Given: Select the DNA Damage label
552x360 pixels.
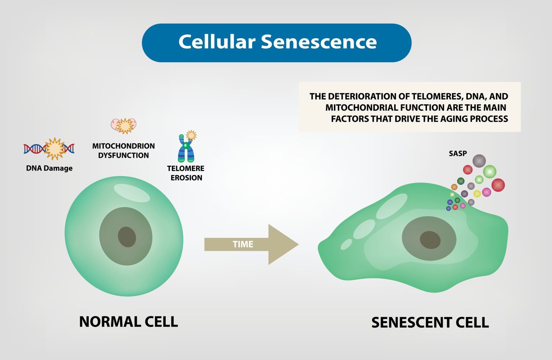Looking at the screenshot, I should click(49, 168).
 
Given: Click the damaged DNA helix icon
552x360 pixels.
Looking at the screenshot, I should click(49, 148).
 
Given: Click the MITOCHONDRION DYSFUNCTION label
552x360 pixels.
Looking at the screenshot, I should click(123, 151).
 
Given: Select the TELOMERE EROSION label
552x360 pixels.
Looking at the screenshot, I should click(186, 173).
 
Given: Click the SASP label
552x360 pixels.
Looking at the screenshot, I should click(457, 153).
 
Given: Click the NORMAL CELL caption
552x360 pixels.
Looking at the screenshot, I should click(128, 322).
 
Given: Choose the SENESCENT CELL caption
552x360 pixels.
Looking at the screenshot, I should click(430, 322).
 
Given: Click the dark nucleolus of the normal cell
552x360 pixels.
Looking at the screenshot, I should click(127, 237).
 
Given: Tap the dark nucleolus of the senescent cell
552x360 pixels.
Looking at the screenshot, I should click(430, 240).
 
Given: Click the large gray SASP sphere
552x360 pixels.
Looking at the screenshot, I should click(479, 161).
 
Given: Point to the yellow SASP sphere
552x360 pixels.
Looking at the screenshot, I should click(477, 194).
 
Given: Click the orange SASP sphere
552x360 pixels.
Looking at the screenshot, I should click(454, 187).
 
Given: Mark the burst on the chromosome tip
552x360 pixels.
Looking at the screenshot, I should click(191, 135).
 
